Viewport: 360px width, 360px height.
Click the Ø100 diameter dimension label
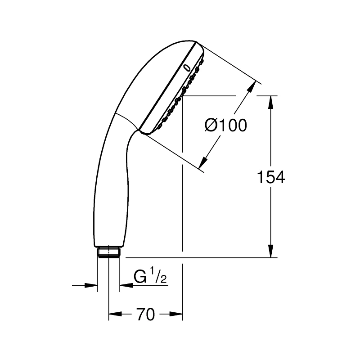pyautogui.click(x=226, y=126)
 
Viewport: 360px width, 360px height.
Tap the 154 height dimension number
pyautogui.click(x=271, y=177)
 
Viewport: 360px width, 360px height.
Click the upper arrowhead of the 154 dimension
pyautogui.click(x=271, y=102)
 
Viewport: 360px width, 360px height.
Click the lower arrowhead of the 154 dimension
pyautogui.click(x=271, y=251)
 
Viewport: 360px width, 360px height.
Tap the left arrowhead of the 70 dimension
pyautogui.click(x=115, y=314)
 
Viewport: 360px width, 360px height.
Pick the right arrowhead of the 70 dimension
pyautogui.click(x=176, y=314)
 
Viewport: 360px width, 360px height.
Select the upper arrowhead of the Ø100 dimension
pyautogui.click(x=252, y=86)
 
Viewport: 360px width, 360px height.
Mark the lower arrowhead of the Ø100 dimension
pyautogui.click(x=203, y=163)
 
